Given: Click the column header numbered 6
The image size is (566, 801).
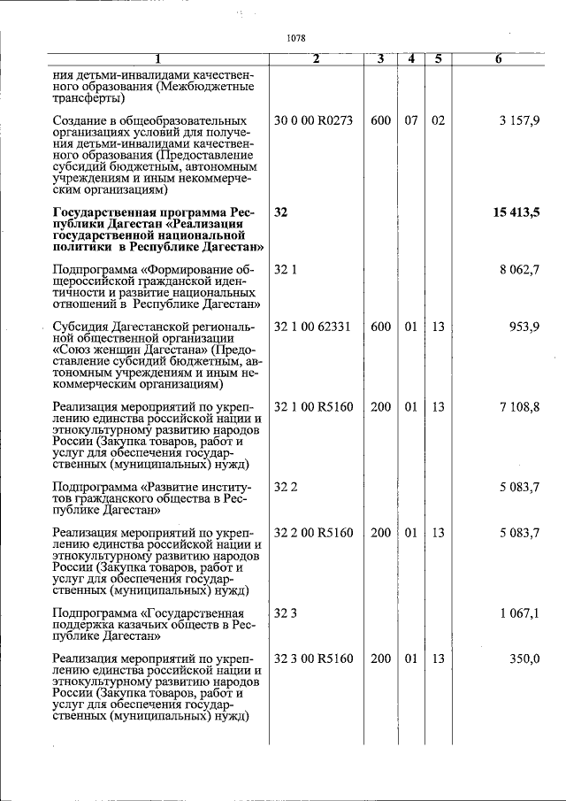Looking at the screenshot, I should [x=499, y=59].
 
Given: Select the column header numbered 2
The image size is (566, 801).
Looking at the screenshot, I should [x=316, y=59].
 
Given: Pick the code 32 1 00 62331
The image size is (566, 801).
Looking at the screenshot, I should [x=313, y=327].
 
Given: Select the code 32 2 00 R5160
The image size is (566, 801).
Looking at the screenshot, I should [x=314, y=533].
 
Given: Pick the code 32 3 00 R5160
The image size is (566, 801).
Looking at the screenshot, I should [x=314, y=659].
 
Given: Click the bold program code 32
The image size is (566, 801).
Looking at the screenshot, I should [x=281, y=213].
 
